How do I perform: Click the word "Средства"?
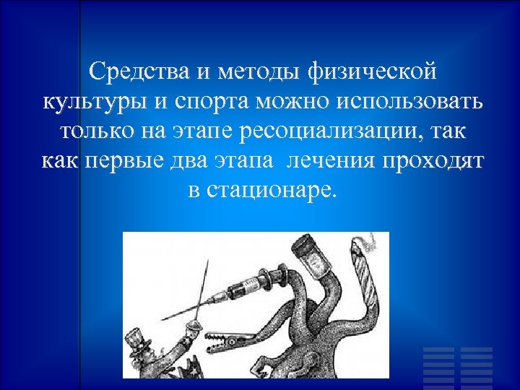[136, 71]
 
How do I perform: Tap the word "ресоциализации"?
[344, 132]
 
